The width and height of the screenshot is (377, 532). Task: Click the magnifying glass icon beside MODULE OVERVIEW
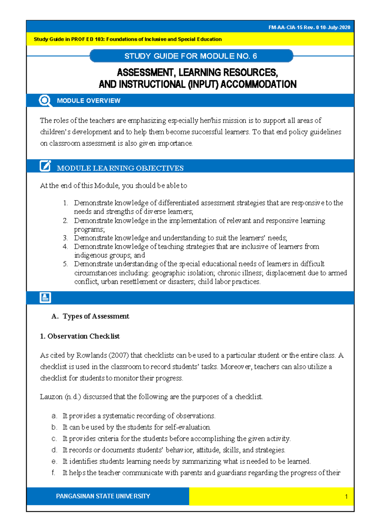[x=45, y=101]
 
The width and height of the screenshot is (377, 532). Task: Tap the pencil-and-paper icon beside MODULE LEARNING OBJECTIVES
[x=45, y=166]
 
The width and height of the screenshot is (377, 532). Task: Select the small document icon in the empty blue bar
[x=45, y=297]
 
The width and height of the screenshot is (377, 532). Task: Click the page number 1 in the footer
[x=346, y=497]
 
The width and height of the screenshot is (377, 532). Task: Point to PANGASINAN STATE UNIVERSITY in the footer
[x=103, y=496]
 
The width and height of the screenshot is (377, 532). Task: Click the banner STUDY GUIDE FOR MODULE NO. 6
[x=191, y=56]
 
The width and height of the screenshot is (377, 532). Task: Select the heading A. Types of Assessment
[x=90, y=316]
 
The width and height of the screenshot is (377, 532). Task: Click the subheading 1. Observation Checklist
[x=80, y=336]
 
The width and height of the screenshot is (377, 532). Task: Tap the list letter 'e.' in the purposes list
[x=54, y=461]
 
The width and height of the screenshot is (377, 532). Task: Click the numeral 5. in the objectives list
[x=65, y=264]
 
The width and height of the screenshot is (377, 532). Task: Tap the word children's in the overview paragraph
[x=55, y=132]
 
